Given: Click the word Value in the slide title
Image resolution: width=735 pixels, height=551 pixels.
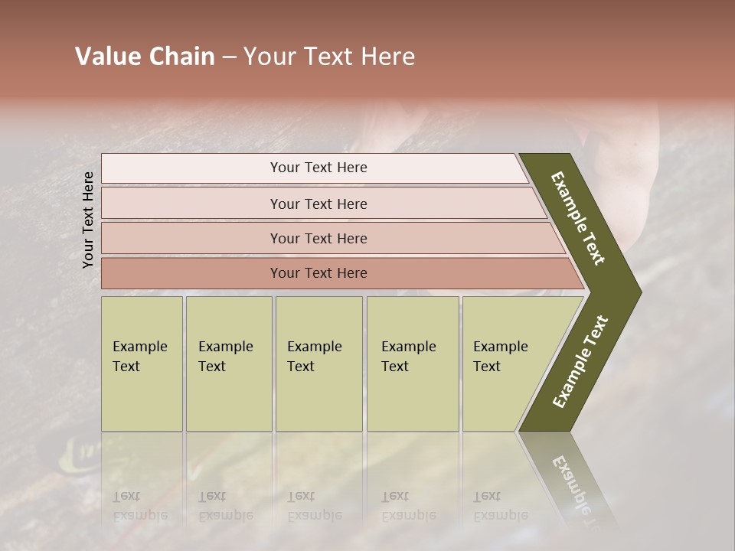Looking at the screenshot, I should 106,57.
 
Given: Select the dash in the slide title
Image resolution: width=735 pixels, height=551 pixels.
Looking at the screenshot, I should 229,57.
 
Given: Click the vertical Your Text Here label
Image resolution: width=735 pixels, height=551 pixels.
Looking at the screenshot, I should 88,220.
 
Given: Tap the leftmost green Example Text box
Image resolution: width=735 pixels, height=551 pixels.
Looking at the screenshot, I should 142,364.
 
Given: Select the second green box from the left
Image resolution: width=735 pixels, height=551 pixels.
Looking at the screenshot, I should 229,364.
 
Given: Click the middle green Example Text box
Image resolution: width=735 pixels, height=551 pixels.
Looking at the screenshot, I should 318,364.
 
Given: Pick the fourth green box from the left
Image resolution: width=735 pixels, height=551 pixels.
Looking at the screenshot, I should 413,364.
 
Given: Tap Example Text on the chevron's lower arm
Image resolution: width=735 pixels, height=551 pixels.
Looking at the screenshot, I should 580,362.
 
